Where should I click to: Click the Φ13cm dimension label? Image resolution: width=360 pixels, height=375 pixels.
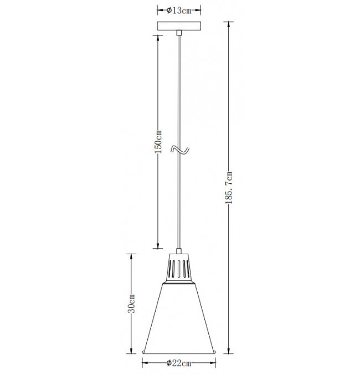click(179, 11)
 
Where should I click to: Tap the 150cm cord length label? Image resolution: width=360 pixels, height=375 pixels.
click(158, 142)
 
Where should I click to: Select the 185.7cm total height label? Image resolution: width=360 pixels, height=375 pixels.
click(229, 187)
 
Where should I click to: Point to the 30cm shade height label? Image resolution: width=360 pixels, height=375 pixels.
click(131, 304)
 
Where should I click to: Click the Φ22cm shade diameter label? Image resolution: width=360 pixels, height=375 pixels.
click(179, 363)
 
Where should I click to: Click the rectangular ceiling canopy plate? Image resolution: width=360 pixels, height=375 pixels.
click(179, 26)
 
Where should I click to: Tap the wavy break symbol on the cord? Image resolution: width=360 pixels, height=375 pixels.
click(180, 150)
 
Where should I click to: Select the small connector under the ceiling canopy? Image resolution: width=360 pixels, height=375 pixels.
click(179, 33)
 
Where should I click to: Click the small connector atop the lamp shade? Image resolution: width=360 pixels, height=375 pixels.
click(179, 251)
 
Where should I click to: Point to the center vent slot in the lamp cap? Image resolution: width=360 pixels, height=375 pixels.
click(179, 269)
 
